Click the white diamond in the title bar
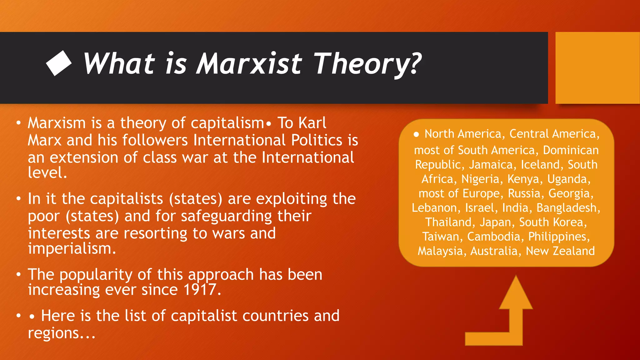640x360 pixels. pos(59,63)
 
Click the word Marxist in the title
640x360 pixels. pos(249,64)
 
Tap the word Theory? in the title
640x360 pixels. pos(367,64)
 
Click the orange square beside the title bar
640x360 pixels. pos(597,68)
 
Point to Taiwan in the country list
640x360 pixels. pos(441,237)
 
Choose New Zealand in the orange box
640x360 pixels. pos(560,251)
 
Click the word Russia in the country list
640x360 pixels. pos(524,193)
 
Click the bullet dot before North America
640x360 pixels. pos(416,135)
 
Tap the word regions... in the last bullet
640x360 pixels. pos(61,333)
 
